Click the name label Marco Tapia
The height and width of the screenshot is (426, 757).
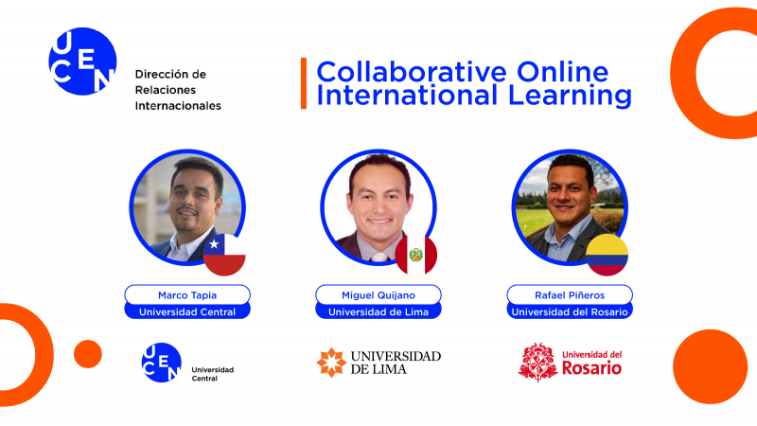pos(187,294)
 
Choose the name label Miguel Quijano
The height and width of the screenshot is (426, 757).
pos(378,294)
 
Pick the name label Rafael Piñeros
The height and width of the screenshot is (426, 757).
pos(569,294)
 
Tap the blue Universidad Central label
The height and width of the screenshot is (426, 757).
pos(187,311)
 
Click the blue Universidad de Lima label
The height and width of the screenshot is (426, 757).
pos(378,311)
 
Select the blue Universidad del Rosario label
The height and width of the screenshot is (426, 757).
pos(569,311)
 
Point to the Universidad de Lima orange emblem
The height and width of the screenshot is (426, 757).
pos(331,362)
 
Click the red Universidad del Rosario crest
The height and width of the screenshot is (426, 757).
pos(537,362)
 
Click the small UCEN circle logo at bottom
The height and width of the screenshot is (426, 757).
pos(161,362)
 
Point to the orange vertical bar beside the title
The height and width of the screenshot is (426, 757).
pos(304,83)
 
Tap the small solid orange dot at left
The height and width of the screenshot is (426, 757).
pos(87,353)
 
